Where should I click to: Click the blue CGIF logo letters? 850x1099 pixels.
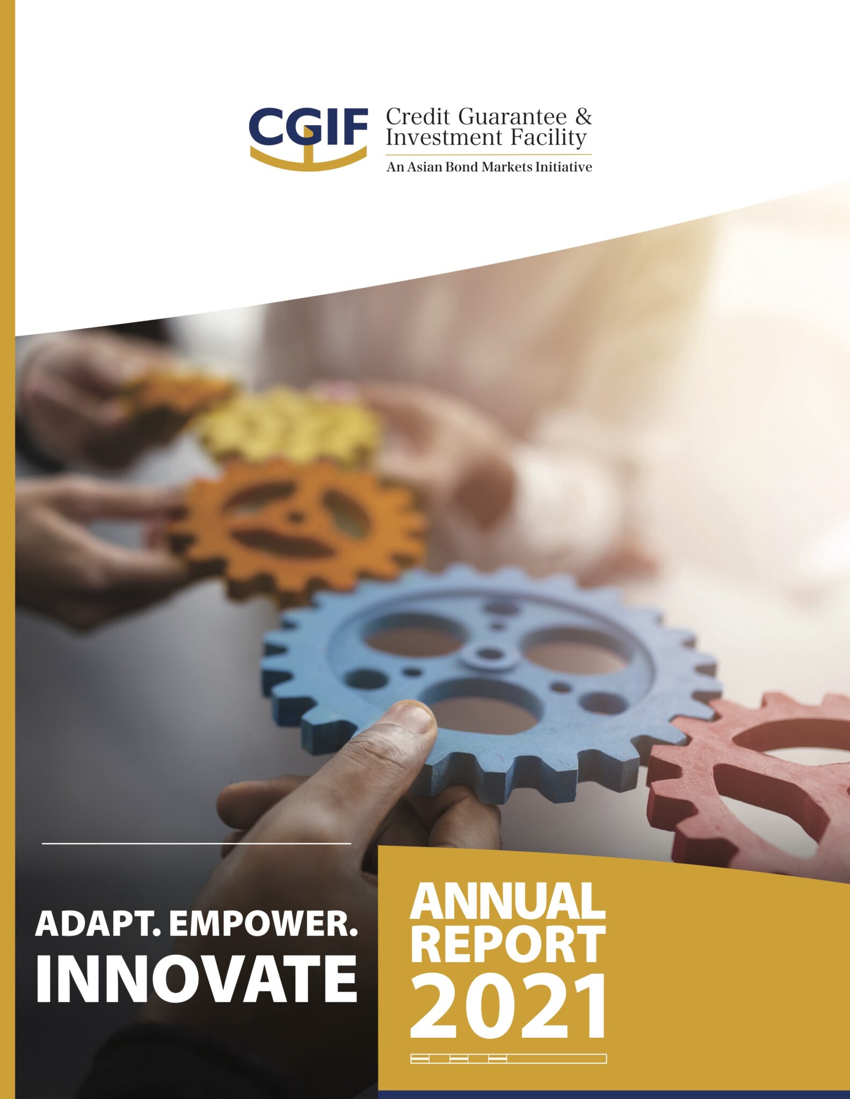(308, 127)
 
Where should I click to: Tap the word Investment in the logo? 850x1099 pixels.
(443, 137)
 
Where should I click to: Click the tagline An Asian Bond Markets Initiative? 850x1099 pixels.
(489, 167)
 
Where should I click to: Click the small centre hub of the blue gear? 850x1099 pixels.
(488, 654)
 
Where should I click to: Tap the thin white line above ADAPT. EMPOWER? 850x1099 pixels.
(196, 843)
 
